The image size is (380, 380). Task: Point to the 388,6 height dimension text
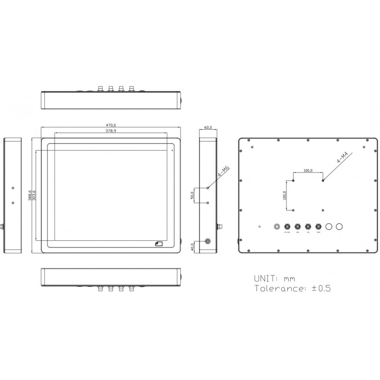(30, 196)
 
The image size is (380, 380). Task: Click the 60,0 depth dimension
(208, 128)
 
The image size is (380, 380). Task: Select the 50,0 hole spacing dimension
(193, 195)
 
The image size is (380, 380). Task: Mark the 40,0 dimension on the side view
(193, 247)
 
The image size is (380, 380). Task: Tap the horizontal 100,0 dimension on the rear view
(308, 170)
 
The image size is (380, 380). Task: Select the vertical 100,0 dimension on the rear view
(285, 195)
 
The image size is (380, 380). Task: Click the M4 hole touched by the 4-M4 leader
(323, 180)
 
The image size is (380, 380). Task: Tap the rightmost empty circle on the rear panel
(340, 227)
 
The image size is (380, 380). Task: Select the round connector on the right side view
(208, 241)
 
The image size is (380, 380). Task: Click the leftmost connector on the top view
(100, 88)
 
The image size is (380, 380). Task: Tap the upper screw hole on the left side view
(13, 188)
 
